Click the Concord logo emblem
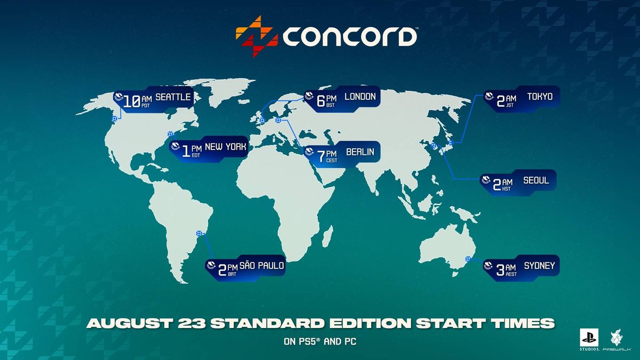coord(257,36)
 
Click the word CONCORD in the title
coord(349,37)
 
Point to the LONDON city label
coord(360,97)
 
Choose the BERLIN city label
coord(360,152)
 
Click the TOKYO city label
coord(540,97)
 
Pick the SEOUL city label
coord(536,180)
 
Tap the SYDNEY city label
coord(539,266)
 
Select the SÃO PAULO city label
coord(262,265)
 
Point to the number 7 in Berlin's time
coord(321,157)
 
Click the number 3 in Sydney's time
coord(500,270)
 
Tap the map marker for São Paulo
coord(199,234)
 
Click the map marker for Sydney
coord(468,259)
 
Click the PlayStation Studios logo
coord(589,339)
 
